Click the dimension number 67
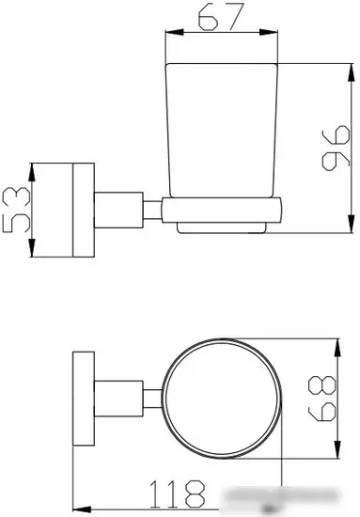pyautogui.click(x=222, y=17)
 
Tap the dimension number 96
pyautogui.click(x=336, y=148)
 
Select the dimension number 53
pyautogui.click(x=16, y=210)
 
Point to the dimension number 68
pyautogui.click(x=321, y=399)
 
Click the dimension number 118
pyautogui.click(x=177, y=493)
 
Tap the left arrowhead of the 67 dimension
pyautogui.click(x=174, y=32)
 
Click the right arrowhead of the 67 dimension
pyautogui.click(x=269, y=32)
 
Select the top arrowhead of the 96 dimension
pyautogui.click(x=352, y=72)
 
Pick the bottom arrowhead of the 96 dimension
pyautogui.click(x=352, y=224)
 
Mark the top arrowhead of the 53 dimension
pyautogui.click(x=32, y=172)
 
